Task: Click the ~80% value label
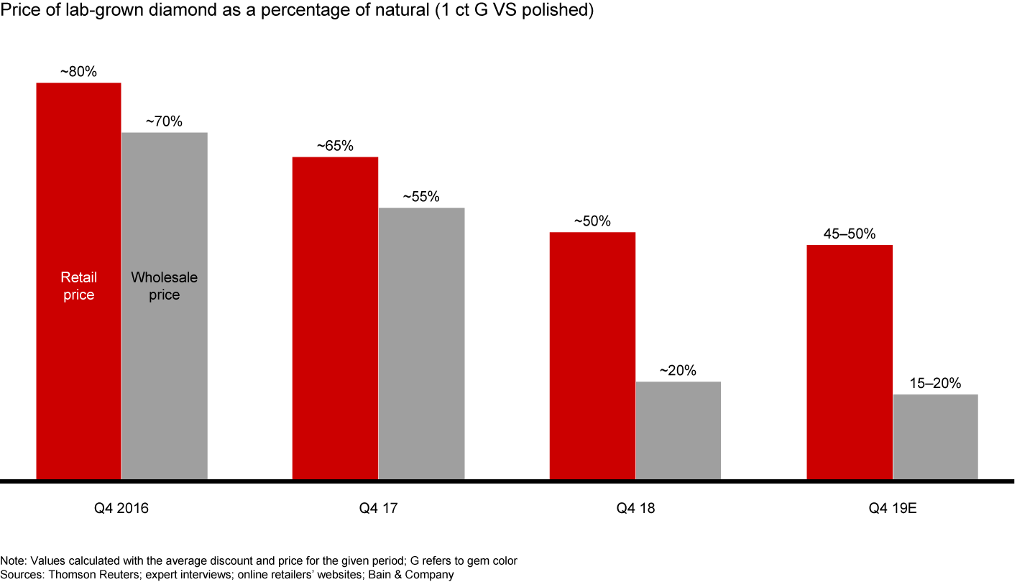pyautogui.click(x=78, y=72)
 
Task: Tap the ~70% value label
pyautogui.click(x=164, y=122)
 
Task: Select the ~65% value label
pyautogui.click(x=335, y=146)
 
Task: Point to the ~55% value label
pyautogui.click(x=421, y=197)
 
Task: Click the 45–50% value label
pyautogui.click(x=850, y=234)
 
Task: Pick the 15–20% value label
pyautogui.click(x=935, y=384)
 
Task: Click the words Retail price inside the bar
pyautogui.click(x=78, y=286)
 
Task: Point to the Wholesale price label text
pyautogui.click(x=165, y=286)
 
